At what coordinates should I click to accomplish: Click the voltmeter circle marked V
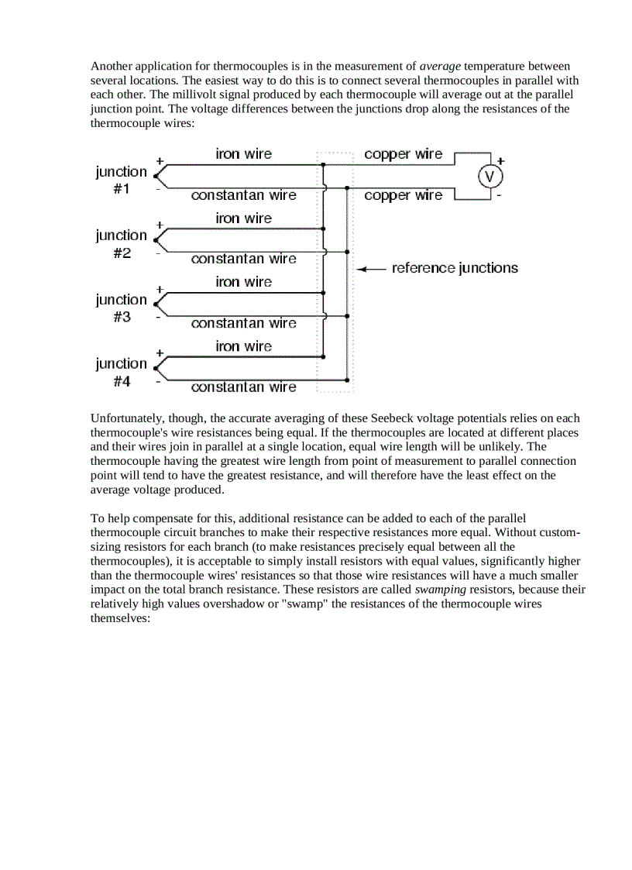tap(489, 177)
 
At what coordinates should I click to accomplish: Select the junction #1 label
tap(121, 181)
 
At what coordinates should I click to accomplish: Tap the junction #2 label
tap(121, 244)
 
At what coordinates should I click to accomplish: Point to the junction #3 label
tap(121, 308)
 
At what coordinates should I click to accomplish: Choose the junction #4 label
tap(121, 372)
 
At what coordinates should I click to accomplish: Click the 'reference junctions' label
tap(455, 268)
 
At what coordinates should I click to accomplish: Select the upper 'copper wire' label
tap(403, 154)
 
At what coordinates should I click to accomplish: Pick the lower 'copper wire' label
tap(403, 195)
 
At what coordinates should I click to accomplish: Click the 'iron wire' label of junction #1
tap(243, 154)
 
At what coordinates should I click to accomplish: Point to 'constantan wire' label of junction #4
tap(243, 387)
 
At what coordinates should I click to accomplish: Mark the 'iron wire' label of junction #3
tap(243, 282)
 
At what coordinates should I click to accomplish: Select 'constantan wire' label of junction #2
tap(243, 259)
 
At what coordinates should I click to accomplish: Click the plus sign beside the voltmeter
tap(500, 160)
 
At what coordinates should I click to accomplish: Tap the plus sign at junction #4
tap(159, 352)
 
